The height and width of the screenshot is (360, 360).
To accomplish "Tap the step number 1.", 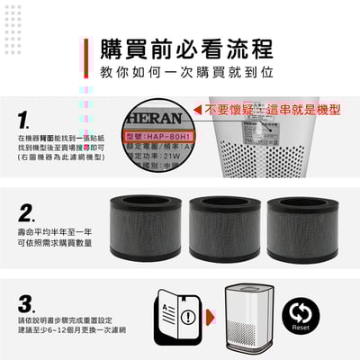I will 24,118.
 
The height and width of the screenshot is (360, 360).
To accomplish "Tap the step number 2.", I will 26,212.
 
